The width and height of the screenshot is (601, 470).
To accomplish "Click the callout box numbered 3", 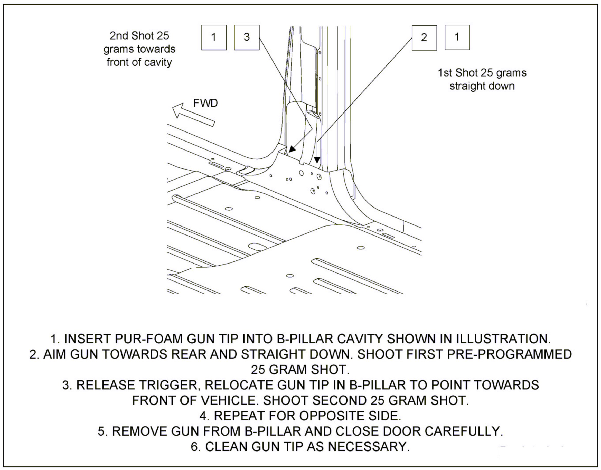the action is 247,37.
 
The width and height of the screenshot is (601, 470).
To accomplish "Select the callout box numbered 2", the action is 424,38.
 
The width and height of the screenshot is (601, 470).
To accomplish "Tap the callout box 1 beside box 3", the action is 213,37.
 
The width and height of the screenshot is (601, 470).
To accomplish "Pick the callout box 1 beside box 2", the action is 457,37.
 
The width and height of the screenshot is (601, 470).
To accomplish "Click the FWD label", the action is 205,103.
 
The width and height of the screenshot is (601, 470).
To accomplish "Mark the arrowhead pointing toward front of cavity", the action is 292,149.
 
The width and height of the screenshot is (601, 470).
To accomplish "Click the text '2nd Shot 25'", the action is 139,36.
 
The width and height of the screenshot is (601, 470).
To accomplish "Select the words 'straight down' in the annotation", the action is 482,86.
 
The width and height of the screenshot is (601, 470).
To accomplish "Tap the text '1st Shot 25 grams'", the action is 482,73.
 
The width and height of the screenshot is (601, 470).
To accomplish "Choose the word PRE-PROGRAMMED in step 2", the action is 509,354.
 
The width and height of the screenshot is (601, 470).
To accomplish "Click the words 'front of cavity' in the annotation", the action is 139,62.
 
